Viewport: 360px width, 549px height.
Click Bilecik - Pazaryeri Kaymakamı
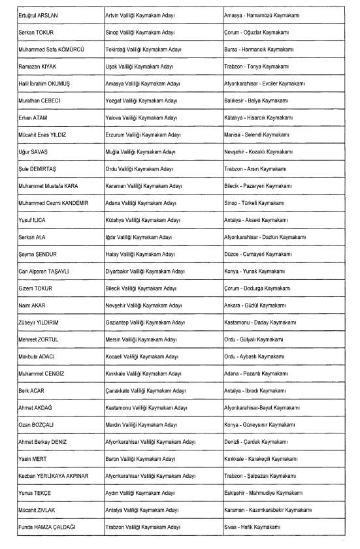pyautogui.click(x=257, y=185)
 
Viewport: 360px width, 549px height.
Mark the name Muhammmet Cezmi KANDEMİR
pyautogui.click(x=54, y=202)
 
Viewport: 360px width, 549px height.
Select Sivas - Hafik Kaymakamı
pyautogui.click(x=252, y=526)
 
